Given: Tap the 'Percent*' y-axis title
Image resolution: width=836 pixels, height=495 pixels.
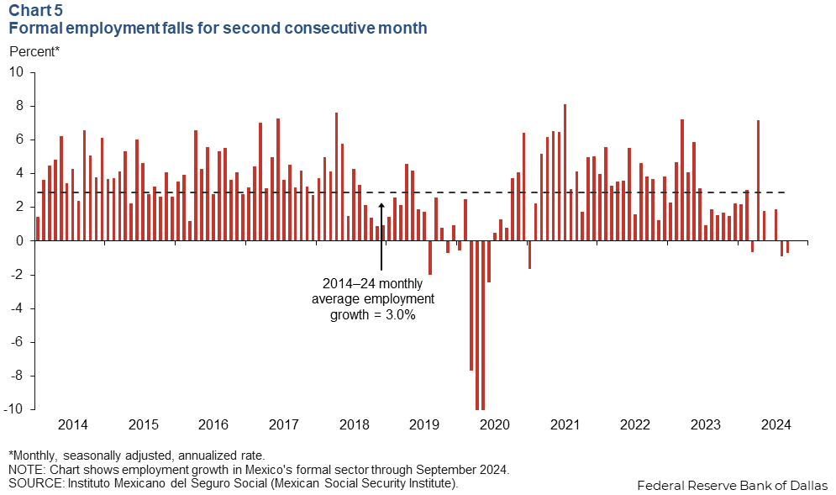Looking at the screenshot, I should click(x=34, y=51).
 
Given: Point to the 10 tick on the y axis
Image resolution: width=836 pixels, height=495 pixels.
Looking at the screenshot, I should click(x=17, y=72).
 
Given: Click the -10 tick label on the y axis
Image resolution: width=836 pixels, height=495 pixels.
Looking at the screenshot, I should click(x=15, y=409).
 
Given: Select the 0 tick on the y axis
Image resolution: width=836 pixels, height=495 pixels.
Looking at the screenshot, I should click(x=20, y=241).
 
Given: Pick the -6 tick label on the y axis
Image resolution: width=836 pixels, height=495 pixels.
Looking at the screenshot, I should click(x=18, y=342).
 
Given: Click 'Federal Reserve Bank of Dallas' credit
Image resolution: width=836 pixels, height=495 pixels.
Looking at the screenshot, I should click(x=732, y=485).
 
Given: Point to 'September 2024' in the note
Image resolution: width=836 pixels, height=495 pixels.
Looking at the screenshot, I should click(x=462, y=469).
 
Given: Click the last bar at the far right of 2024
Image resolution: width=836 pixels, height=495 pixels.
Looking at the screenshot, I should click(x=787, y=247).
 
